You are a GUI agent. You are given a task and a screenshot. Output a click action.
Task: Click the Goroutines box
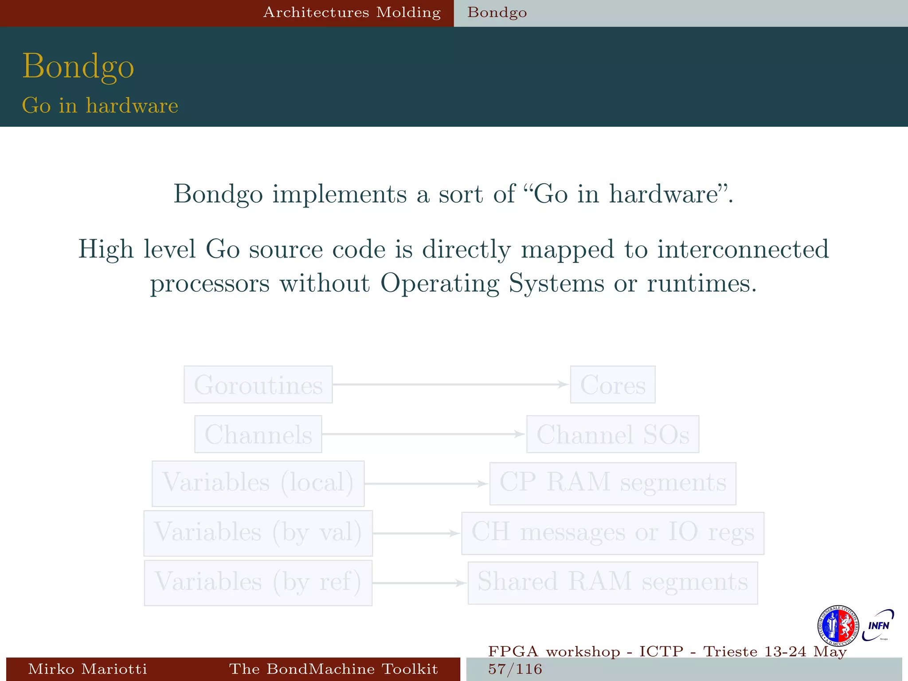click(258, 384)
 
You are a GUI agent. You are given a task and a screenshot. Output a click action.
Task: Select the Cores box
click(613, 384)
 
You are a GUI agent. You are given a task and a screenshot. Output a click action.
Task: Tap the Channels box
click(258, 434)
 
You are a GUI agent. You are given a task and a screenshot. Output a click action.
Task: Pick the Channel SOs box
click(613, 434)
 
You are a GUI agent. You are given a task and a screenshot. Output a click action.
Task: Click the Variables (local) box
click(258, 483)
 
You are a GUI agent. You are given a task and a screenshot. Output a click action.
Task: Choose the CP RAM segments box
click(613, 483)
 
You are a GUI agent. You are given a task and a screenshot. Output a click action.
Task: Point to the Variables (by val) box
click(258, 533)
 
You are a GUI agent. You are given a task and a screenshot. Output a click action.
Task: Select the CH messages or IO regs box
click(613, 533)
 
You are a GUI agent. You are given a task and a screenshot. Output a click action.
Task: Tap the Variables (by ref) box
click(258, 583)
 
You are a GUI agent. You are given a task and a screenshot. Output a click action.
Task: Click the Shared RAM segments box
click(613, 583)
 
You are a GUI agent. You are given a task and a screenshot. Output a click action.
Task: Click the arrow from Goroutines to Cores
click(450, 384)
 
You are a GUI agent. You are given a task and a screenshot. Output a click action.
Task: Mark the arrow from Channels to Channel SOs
click(423, 434)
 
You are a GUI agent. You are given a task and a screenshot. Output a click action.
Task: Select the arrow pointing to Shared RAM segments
click(419, 583)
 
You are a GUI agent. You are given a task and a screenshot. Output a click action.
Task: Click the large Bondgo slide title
click(78, 67)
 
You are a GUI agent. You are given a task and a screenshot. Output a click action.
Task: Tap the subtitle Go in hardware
click(100, 106)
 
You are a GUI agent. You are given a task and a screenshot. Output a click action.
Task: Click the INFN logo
click(878, 625)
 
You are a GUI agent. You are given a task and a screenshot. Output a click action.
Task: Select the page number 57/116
click(515, 669)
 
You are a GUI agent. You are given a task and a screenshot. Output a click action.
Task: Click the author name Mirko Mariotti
click(87, 669)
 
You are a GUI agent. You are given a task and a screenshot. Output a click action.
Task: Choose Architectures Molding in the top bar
click(352, 12)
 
